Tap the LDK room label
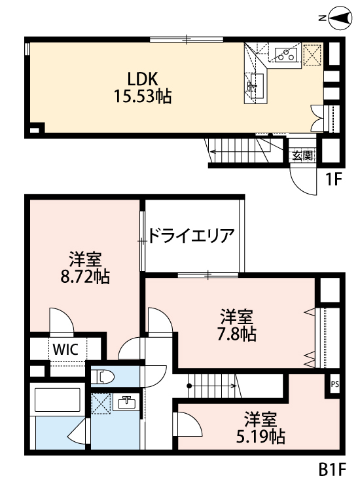point(141,79)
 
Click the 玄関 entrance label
point(302,156)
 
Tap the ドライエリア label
point(191,235)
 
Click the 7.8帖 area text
point(236,335)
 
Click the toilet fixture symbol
point(105,376)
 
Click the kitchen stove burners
point(285,54)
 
